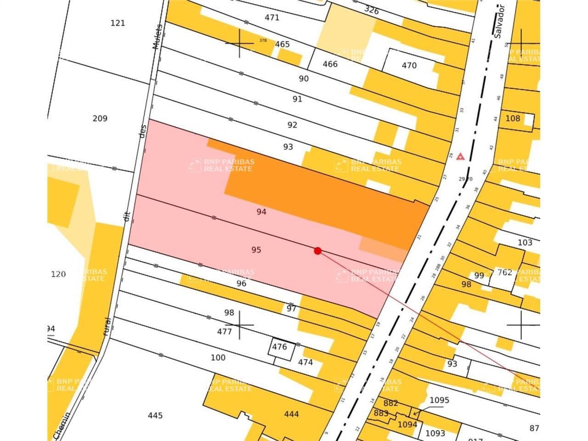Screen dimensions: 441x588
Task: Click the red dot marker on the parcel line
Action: click(x=317, y=250)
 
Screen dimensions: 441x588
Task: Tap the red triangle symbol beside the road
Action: click(x=460, y=157)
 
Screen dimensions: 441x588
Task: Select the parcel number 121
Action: click(x=118, y=23)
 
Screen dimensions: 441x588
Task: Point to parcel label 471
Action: click(x=272, y=18)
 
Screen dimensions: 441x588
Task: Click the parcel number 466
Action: click(x=330, y=64)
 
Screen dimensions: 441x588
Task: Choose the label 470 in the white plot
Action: click(x=409, y=65)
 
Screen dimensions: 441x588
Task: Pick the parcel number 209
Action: click(x=100, y=119)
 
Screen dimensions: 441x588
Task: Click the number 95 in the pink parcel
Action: click(x=256, y=250)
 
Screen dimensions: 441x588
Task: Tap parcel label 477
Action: click(x=224, y=332)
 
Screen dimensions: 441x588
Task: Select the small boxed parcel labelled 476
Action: click(x=279, y=347)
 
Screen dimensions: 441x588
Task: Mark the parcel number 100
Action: click(x=218, y=357)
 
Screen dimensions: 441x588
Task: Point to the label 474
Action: click(x=305, y=362)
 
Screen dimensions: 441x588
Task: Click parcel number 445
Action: click(x=155, y=416)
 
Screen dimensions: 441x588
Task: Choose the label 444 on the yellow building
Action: click(x=291, y=414)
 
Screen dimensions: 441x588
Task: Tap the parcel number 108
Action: click(x=513, y=119)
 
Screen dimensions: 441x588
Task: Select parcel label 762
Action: click(x=504, y=272)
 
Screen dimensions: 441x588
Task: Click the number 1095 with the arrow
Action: click(x=439, y=400)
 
